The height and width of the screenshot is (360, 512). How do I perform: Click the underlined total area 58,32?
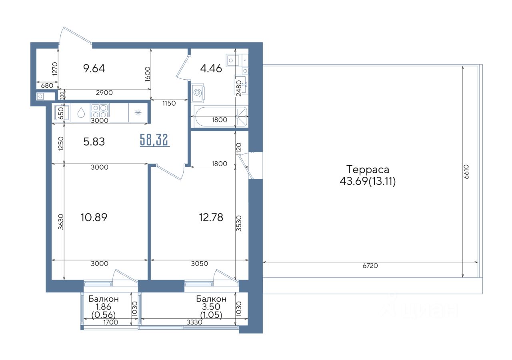(155, 140)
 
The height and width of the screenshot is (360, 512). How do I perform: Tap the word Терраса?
(368, 170)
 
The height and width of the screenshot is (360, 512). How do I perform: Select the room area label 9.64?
(94, 68)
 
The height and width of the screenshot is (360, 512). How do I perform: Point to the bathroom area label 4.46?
(211, 68)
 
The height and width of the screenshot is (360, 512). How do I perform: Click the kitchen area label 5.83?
(94, 142)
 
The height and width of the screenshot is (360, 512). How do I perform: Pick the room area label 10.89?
(94, 217)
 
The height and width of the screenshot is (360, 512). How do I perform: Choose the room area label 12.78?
(211, 217)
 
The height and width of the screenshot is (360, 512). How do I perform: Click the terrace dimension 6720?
(370, 266)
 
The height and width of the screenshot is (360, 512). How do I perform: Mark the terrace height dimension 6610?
(466, 172)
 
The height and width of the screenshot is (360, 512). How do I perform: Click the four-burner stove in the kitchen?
(100, 110)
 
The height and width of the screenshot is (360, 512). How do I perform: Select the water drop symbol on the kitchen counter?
(81, 112)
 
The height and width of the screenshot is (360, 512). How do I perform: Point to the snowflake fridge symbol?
(138, 112)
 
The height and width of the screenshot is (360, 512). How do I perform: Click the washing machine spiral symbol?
(198, 92)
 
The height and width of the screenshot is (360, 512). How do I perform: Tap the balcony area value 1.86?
(103, 306)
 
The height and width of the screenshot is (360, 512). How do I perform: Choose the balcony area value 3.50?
(211, 306)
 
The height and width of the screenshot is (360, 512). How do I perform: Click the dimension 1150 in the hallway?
(169, 103)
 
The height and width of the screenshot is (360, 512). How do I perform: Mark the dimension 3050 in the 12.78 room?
(200, 264)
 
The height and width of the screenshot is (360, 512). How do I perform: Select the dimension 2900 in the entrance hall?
(104, 92)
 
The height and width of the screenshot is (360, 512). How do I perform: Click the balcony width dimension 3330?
(194, 322)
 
